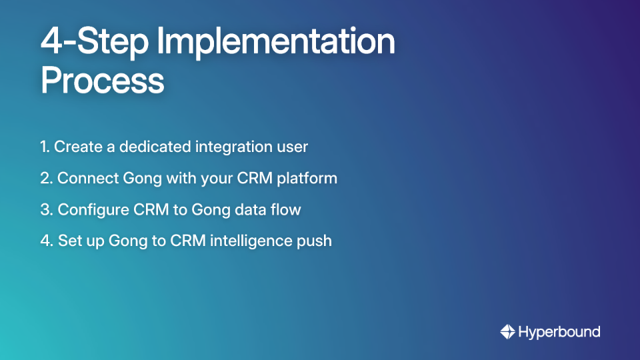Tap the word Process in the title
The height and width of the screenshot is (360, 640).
[102, 81]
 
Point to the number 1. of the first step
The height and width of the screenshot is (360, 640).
[45, 147]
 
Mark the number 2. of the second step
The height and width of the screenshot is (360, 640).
[46, 178]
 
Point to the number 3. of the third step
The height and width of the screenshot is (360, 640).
[46, 209]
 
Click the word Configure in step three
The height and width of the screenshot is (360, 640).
[93, 210]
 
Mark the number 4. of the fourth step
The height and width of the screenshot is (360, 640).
[46, 241]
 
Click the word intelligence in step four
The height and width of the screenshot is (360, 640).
[250, 241]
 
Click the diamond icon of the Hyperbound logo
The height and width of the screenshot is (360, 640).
[507, 331]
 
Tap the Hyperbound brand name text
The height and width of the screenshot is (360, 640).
[559, 332]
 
